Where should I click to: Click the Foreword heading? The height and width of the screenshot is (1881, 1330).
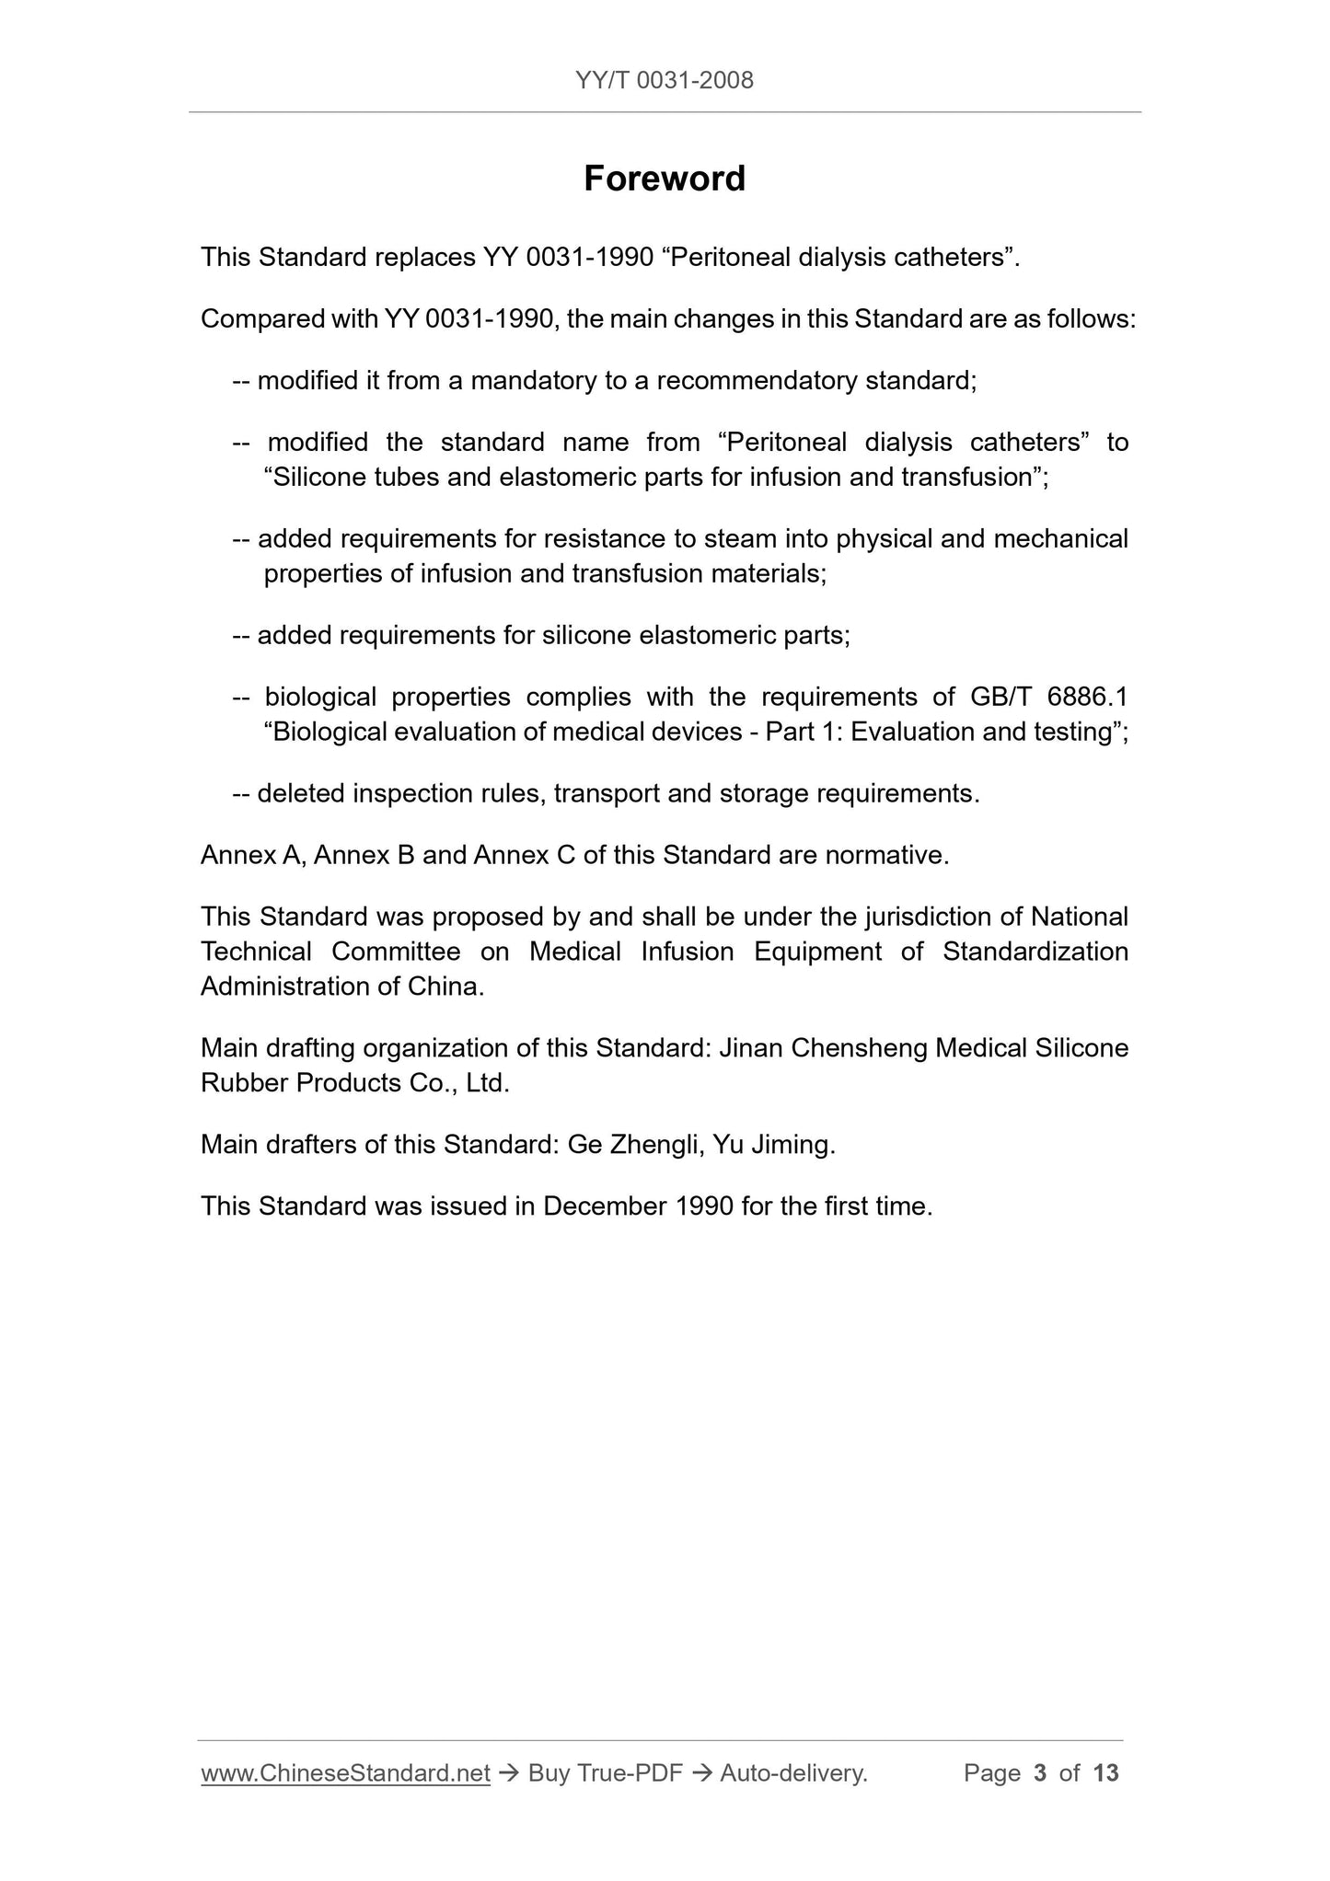coord(664,179)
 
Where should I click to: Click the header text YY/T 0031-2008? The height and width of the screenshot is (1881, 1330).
coord(664,81)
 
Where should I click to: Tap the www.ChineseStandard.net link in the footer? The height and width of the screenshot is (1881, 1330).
coord(345,1772)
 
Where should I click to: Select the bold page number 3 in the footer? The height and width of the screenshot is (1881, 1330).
coord(1040,1772)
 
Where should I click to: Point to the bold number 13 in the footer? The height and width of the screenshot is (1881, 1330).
coord(1105,1772)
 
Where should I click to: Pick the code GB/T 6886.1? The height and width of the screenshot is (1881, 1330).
coord(1048,697)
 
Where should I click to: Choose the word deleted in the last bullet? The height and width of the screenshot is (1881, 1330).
coord(301,793)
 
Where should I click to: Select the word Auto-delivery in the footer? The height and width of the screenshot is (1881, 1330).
coord(792,1772)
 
